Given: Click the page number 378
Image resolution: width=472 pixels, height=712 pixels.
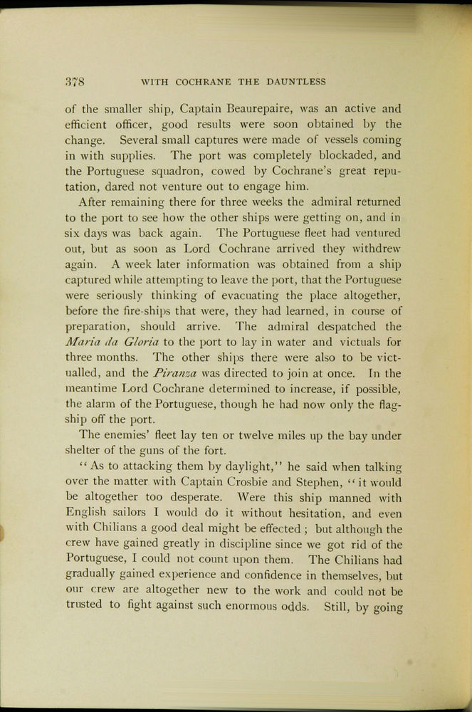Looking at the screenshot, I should [75, 81].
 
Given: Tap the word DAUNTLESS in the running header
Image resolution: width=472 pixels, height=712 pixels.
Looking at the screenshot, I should [295, 82].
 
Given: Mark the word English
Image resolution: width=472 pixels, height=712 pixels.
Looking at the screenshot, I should [88, 513].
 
